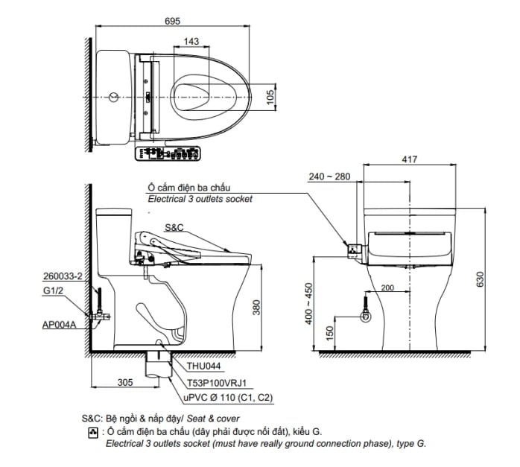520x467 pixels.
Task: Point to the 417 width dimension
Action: point(409,159)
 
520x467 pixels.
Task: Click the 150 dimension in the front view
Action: point(329,331)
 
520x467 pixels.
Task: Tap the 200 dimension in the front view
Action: point(387,288)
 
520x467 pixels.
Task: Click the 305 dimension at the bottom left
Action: point(125,382)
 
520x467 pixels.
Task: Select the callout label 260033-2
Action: point(62,276)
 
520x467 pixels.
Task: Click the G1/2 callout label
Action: point(51,292)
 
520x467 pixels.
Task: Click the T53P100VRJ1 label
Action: point(216,383)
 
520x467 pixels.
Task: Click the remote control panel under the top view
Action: point(168,154)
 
